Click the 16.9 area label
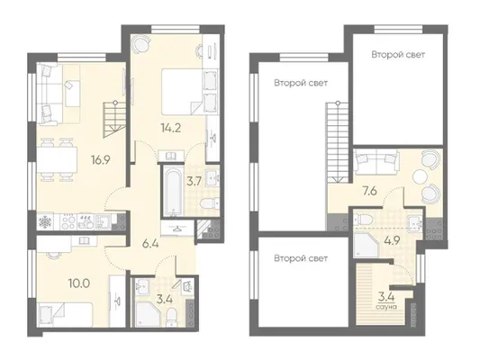[x=100, y=159]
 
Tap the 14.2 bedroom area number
[x=171, y=128]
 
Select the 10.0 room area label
[x=79, y=283]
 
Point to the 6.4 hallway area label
[x=150, y=244]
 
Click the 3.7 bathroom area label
[x=195, y=182]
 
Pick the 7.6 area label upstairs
[x=369, y=192]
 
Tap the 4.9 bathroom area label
[x=392, y=240]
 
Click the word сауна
[x=387, y=307]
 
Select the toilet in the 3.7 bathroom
[x=209, y=202]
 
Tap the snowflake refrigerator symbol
[x=45, y=222]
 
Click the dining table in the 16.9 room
[x=57, y=159]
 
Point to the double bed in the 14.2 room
[x=182, y=92]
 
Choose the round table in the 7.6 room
[x=421, y=176]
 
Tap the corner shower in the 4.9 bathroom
[x=366, y=244]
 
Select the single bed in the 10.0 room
[x=65, y=315]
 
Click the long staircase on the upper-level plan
[x=338, y=142]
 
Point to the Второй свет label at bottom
[x=301, y=258]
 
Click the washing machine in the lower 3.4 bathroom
[x=186, y=286]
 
